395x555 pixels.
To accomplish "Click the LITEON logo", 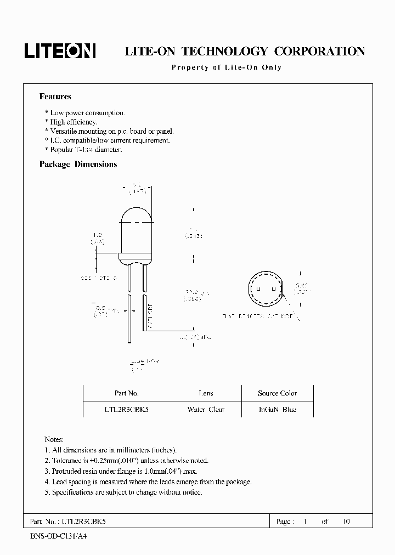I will [x=60, y=51].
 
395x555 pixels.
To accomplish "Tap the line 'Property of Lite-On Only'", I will [x=226, y=67].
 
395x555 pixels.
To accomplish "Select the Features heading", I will [x=55, y=97].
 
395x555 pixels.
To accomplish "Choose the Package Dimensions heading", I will [x=78, y=164].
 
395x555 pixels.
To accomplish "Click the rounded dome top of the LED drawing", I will [x=136, y=211].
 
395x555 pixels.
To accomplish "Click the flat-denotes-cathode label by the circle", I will [x=258, y=316].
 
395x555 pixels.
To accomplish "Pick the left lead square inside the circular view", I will [x=259, y=287].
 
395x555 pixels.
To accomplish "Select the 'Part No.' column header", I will [x=126, y=393].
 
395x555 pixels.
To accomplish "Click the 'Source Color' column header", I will [x=277, y=393].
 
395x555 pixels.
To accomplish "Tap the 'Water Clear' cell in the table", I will [x=206, y=410].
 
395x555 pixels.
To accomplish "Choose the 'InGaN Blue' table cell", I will [x=277, y=410].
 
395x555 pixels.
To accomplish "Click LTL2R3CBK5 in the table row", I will [x=126, y=410].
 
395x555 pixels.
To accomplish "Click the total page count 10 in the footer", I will [x=346, y=522].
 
